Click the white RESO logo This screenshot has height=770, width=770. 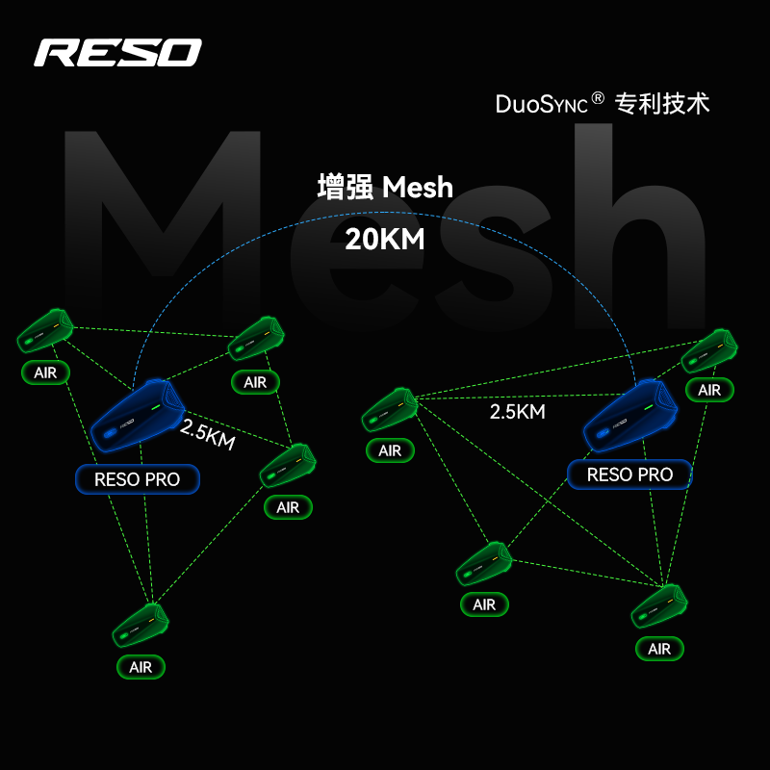coord(117,53)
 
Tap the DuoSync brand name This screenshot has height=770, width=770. coord(541,104)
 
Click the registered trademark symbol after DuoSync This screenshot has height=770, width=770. coord(597,98)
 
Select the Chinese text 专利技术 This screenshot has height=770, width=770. coord(662,104)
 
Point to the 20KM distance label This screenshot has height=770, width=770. coord(384,240)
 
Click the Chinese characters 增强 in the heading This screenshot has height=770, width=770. coord(345,187)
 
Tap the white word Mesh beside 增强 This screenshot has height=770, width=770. coord(418,188)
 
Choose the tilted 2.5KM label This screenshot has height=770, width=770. coord(207,434)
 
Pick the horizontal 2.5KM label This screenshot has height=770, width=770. coord(517,412)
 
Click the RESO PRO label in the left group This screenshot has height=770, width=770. coord(138,479)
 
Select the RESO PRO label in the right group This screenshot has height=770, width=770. coord(629,475)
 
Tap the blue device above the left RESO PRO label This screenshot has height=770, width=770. coord(138,416)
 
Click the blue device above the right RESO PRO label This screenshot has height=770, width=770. coord(630,416)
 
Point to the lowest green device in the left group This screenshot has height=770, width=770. coord(141,625)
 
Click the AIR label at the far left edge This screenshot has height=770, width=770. coord(45,372)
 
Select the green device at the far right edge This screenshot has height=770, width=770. coord(709,351)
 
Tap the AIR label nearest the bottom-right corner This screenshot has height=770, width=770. coord(659,649)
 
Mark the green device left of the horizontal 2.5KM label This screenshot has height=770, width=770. coord(390,410)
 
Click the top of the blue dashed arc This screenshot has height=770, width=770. coord(384,212)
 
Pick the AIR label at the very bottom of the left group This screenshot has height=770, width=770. coord(141,667)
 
